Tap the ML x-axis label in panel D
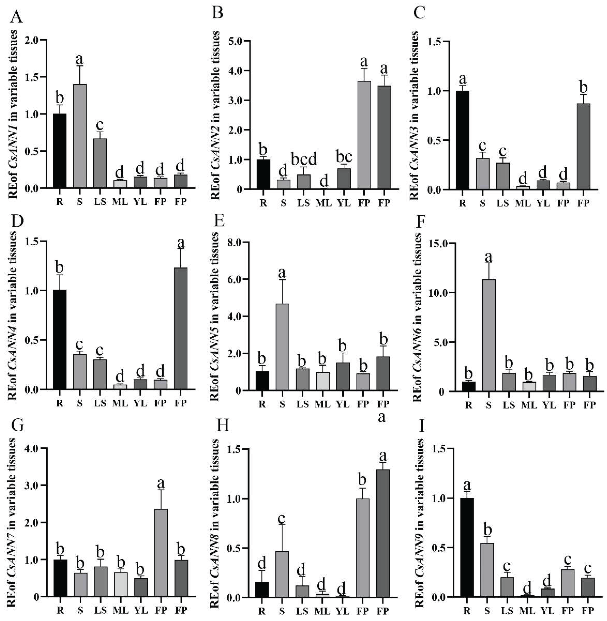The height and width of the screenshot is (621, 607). (x=120, y=403)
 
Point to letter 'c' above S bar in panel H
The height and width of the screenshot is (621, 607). (x=281, y=519)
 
